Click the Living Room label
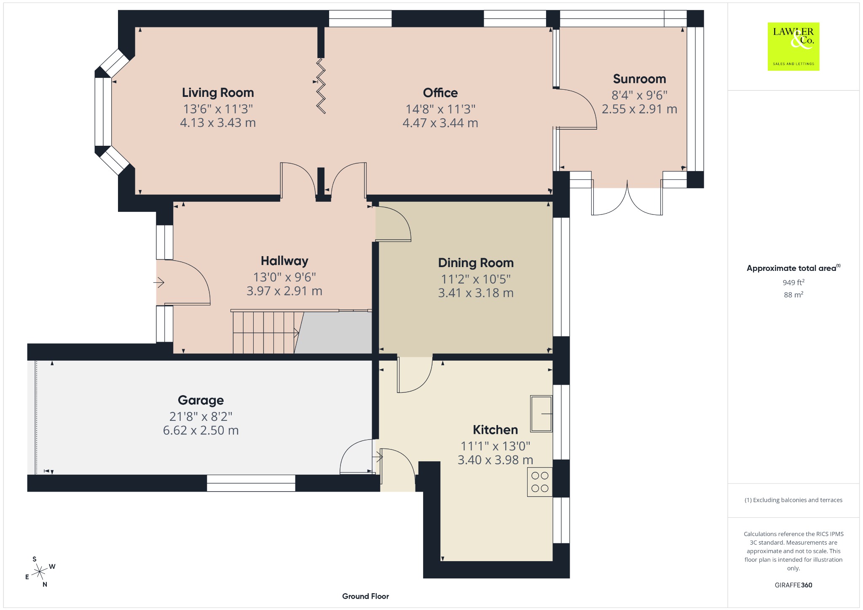pyautogui.click(x=218, y=93)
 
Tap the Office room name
pyautogui.click(x=440, y=93)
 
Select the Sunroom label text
pyautogui.click(x=639, y=79)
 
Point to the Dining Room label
pyautogui.click(x=476, y=263)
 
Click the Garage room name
pyautogui.click(x=201, y=400)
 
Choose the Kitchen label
pyautogui.click(x=495, y=430)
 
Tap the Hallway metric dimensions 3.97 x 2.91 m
pyautogui.click(x=284, y=291)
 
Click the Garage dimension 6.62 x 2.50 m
pyautogui.click(x=201, y=431)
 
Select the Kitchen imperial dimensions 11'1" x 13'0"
pyautogui.click(x=495, y=446)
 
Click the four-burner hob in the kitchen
pyautogui.click(x=540, y=482)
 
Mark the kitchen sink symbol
pyautogui.click(x=541, y=414)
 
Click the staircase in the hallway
pyautogui.click(x=265, y=332)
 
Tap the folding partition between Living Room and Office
pyautogui.click(x=321, y=86)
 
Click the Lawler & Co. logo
pyautogui.click(x=793, y=46)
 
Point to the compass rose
pyautogui.click(x=40, y=572)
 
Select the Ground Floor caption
pyautogui.click(x=365, y=596)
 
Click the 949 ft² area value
pyautogui.click(x=793, y=282)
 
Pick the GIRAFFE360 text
pyautogui.click(x=793, y=585)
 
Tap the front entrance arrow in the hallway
pyautogui.click(x=159, y=282)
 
